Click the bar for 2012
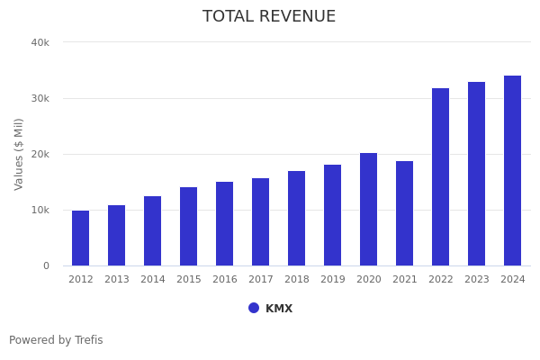80,238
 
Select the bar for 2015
188,227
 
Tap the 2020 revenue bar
368,210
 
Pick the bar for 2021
404,213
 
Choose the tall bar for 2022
440,177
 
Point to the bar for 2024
512,171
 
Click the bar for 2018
296,219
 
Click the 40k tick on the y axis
40,42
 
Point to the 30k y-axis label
40,98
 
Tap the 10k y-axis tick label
40,210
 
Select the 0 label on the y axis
45,265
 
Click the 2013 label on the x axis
116,280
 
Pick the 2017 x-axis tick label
260,280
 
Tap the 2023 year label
476,280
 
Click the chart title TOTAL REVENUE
269,17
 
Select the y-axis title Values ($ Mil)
19,154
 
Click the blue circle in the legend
254,308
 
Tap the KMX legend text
279,309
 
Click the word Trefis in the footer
88,340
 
